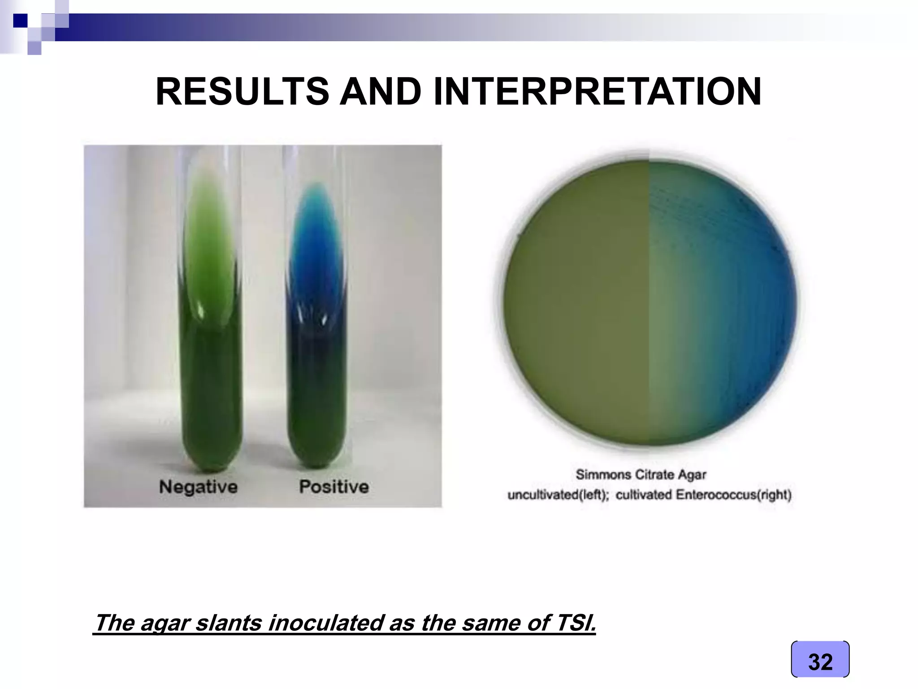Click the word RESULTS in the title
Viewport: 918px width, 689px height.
[x=242, y=92]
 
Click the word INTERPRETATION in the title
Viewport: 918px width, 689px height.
[x=597, y=92]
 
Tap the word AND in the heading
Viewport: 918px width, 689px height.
[x=381, y=92]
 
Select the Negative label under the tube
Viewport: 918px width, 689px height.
[x=198, y=487]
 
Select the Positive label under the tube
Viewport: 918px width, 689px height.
[x=334, y=487]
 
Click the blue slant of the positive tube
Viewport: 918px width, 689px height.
[x=316, y=242]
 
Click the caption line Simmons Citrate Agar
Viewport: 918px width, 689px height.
[x=641, y=475]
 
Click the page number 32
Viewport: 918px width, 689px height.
[x=820, y=662]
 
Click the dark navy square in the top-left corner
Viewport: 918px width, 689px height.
[x=20, y=21]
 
